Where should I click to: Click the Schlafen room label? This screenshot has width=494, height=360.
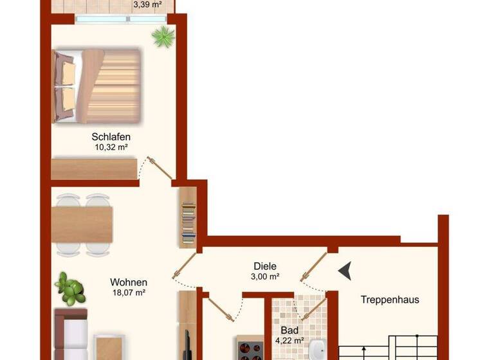coord(111,137)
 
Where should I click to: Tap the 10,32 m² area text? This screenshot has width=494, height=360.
coord(111,147)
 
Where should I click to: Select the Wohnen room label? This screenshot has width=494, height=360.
coord(129,282)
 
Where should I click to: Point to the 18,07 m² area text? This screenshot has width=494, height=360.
coord(129,292)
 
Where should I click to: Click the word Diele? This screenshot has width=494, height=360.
coord(264,266)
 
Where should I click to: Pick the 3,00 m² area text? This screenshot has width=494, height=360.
coord(264,276)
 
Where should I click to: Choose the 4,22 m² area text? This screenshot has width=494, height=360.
coord(289,341)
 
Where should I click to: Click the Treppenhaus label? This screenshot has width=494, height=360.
coord(390,300)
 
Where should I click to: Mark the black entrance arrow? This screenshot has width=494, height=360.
coord(345,271)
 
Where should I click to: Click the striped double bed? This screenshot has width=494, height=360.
coord(96,85)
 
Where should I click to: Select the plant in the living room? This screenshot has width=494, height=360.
coord(70,289)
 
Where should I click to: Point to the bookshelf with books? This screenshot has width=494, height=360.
coord(188,218)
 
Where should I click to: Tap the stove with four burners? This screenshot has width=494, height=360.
coord(251,351)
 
